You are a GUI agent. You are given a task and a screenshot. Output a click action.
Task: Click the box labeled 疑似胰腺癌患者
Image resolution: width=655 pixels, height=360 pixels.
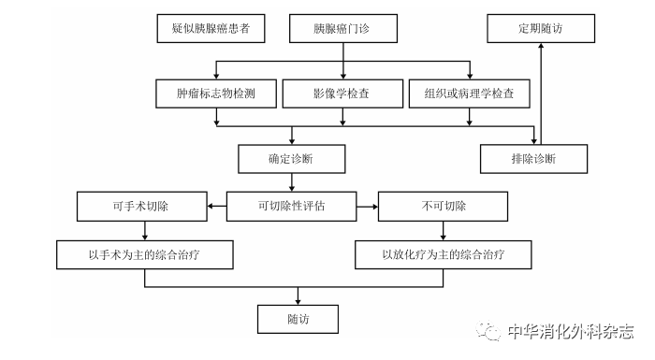[211, 28]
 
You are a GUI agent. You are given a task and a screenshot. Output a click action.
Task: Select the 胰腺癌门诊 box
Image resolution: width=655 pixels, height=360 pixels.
[343, 28]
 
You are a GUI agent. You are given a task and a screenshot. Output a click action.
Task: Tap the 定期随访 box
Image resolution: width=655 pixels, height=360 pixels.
[542, 28]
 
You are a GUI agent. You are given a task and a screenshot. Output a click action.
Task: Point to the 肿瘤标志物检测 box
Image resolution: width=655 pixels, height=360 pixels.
[217, 94]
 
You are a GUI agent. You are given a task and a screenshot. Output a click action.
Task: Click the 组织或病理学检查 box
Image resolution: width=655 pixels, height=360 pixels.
[470, 94]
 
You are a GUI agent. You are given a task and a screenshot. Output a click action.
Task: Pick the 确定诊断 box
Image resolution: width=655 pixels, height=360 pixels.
[291, 158]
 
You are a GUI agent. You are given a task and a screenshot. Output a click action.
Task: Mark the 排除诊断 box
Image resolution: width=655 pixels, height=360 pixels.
[534, 158]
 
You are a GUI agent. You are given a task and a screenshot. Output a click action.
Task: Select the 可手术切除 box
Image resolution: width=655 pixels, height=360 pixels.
[141, 205]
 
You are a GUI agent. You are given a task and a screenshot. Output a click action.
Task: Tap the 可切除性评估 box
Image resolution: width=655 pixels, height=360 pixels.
[292, 205]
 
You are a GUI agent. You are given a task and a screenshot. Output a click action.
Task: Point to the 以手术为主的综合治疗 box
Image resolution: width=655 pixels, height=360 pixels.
[144, 253]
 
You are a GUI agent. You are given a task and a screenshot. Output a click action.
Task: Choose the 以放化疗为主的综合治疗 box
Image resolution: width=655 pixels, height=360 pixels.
[444, 253]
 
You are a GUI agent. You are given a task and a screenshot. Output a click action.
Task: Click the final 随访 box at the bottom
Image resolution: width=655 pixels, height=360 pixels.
[298, 319]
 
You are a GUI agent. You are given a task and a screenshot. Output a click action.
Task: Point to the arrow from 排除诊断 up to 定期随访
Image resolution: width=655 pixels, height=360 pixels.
[542, 94]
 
